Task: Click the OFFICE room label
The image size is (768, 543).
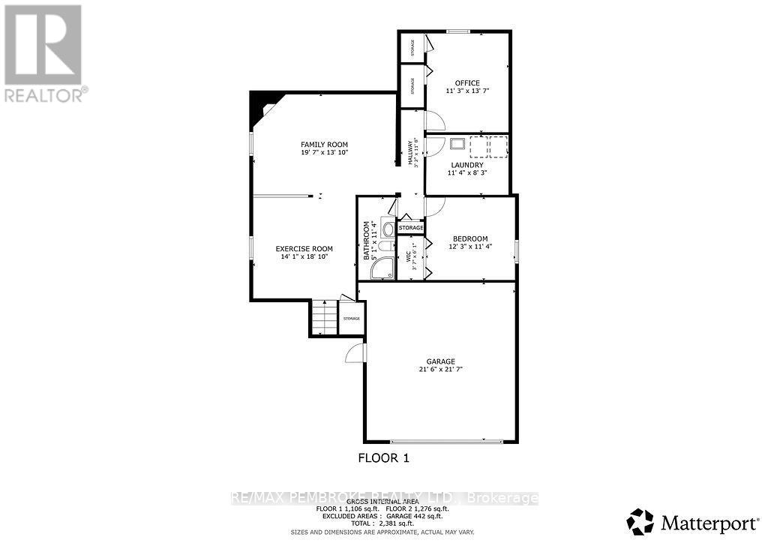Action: (x=467, y=83)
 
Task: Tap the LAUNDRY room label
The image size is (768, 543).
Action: (x=467, y=164)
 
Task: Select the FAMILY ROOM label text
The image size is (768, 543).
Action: (x=324, y=145)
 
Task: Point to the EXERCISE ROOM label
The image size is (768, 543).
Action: (x=304, y=249)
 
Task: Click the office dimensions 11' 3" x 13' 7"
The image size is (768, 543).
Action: (x=467, y=91)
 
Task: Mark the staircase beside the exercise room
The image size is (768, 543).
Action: (x=322, y=318)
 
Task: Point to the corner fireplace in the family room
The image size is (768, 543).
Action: (x=262, y=104)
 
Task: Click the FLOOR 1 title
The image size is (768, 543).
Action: (x=382, y=457)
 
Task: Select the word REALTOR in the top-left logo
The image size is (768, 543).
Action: (x=43, y=94)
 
